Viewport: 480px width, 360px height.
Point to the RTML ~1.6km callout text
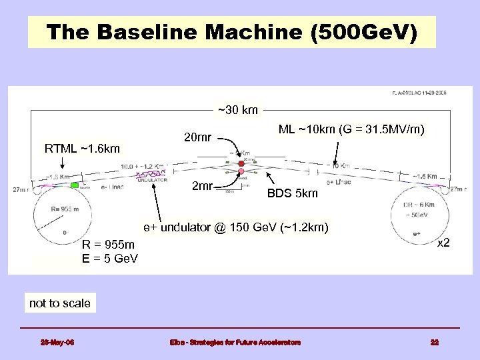[82, 148]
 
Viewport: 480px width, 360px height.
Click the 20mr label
[197, 138]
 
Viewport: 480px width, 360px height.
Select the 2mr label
[202, 185]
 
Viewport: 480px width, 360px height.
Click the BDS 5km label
[293, 194]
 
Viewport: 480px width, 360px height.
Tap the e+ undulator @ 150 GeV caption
[236, 228]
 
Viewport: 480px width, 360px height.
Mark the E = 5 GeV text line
[110, 258]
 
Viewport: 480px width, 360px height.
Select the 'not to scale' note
[60, 303]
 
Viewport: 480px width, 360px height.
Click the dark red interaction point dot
[241, 163]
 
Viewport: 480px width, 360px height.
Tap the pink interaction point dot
[241, 172]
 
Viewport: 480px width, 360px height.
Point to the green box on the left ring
[75, 185]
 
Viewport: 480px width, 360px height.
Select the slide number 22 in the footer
[434, 343]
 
